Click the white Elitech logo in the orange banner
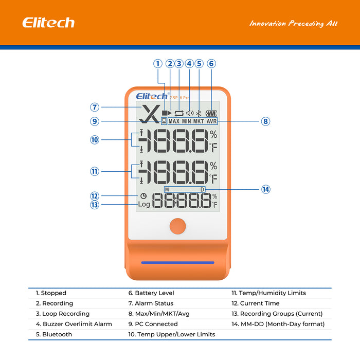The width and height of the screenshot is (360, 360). point(48,23)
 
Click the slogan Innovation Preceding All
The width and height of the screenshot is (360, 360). point(293,24)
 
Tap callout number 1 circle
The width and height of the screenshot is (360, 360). point(158,64)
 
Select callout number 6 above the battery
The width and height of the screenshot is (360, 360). point(211,64)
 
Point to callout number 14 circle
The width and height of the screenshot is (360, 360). point(265,189)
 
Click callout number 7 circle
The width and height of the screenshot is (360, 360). point(95,107)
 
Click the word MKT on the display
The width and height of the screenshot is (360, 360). point(199,122)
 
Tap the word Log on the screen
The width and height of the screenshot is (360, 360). point(144,204)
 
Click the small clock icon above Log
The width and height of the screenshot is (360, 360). point(143,196)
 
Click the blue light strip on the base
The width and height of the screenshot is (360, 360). point(177,262)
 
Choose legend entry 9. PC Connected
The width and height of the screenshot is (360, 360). point(153,324)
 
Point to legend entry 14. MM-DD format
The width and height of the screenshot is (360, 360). point(278,324)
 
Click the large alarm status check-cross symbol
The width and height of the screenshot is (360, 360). point(150,114)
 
